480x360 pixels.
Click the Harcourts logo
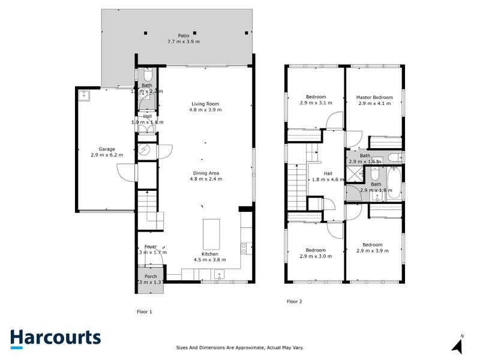[x=55, y=338]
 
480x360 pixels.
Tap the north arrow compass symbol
[x=458, y=344]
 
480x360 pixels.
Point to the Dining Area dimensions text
[x=206, y=179]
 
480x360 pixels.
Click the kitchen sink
[x=220, y=275]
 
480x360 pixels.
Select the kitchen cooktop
[x=244, y=246]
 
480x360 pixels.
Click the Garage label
[x=107, y=149]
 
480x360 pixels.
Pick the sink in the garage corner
[x=83, y=95]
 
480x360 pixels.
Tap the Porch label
[x=151, y=277]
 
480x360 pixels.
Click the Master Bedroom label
[x=374, y=97]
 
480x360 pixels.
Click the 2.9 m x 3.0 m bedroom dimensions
[x=316, y=256]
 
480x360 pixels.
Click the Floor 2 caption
[x=294, y=301]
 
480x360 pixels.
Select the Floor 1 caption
[x=144, y=312]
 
